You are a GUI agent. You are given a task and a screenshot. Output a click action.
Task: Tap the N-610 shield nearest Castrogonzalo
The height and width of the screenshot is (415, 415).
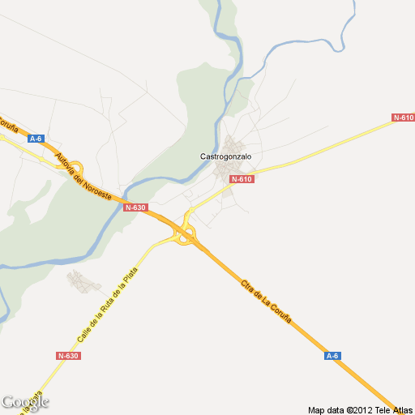[242, 179]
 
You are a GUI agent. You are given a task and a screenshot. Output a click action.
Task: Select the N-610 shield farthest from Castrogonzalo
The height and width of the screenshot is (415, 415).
[403, 118]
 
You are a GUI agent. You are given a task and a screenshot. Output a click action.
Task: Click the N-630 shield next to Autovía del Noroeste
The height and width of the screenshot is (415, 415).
[135, 207]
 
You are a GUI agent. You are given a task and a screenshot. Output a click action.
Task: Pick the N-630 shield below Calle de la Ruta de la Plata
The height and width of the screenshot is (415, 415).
[68, 356]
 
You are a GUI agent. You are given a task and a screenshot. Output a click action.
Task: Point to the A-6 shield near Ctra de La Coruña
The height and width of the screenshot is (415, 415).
[332, 356]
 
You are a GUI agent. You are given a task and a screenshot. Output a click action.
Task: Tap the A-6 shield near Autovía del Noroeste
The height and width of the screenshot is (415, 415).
[35, 139]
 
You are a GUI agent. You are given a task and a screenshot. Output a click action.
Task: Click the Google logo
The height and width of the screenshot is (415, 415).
[24, 402]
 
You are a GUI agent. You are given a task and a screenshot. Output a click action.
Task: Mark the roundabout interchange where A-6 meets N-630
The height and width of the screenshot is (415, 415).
[186, 236]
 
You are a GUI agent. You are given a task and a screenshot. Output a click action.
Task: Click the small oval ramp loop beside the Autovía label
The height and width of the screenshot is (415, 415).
[75, 168]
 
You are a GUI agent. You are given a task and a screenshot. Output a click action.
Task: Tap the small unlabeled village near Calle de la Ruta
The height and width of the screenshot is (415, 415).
[83, 281]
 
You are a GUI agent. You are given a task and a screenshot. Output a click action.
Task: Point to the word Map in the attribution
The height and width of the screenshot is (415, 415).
[316, 409]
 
